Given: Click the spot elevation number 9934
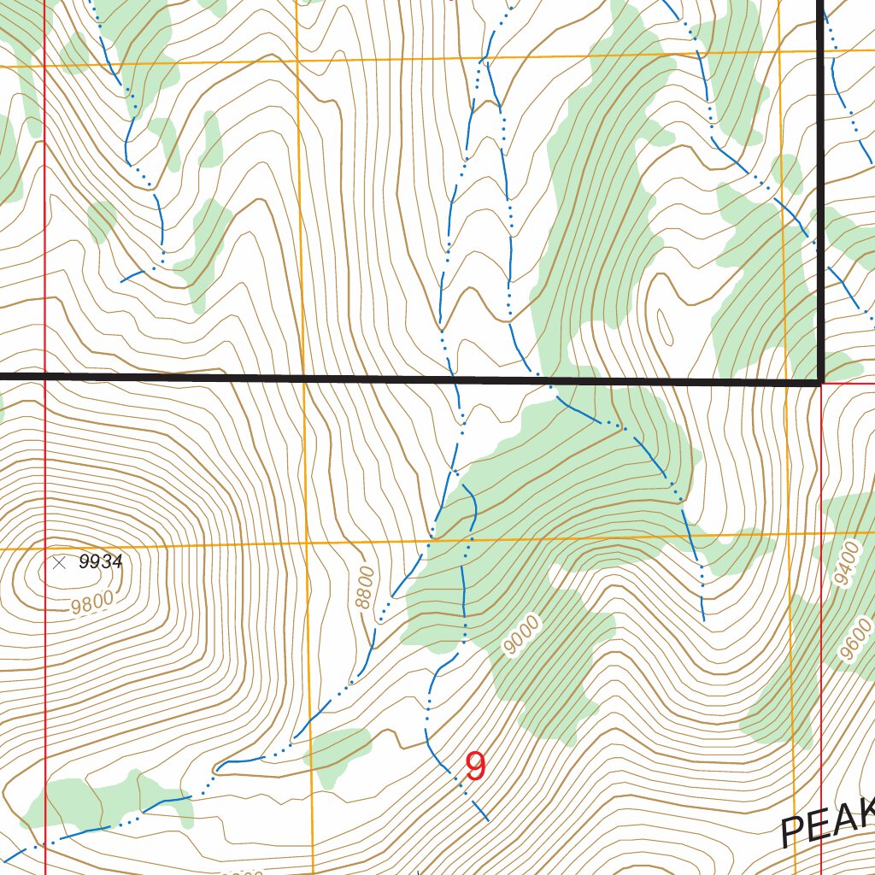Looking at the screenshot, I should pos(100,562).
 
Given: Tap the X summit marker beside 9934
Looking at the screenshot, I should pos(59,562).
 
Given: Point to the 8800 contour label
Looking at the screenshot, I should pos(366,588).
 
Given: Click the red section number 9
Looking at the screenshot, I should pos(476,766).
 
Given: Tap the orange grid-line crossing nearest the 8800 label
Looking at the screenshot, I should pos(306,544).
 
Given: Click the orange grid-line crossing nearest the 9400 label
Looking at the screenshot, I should pos(787,536).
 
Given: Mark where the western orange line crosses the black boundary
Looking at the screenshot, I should pos(302,377).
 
